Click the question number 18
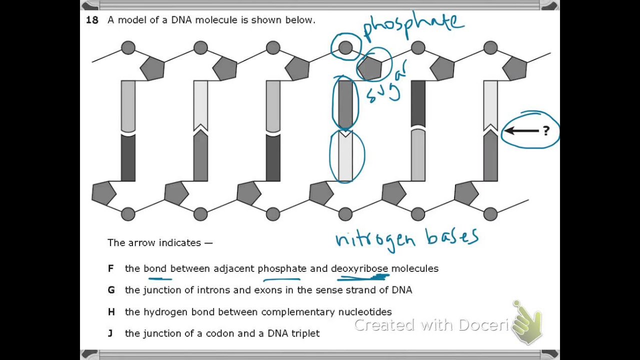coord(92,20)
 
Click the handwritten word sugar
coord(388,85)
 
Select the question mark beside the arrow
coord(545,131)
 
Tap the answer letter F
coord(110,268)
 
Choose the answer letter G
coord(111,290)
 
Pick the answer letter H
coord(111,312)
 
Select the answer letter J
coord(110,333)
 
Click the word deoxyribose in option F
coord(359,268)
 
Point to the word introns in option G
coord(213,290)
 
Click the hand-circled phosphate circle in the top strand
coord(345,48)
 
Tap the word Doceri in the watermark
coord(483,325)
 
